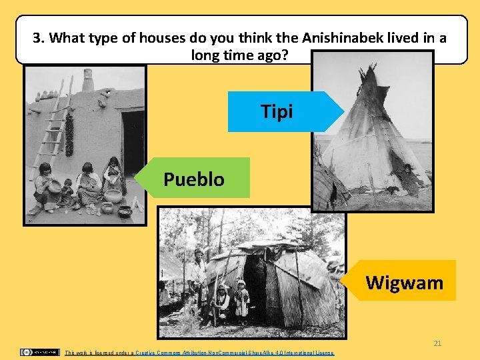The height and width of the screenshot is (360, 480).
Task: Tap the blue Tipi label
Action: [x=277, y=112]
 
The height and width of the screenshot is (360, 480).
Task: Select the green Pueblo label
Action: [x=194, y=179]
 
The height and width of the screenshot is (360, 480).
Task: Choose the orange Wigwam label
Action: [x=404, y=283]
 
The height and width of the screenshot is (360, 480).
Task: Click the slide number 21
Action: [x=437, y=343]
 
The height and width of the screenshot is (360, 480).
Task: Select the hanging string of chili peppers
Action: [x=69, y=133]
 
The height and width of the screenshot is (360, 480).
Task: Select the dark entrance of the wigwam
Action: [x=255, y=287]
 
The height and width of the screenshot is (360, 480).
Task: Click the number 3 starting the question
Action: [x=37, y=37]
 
